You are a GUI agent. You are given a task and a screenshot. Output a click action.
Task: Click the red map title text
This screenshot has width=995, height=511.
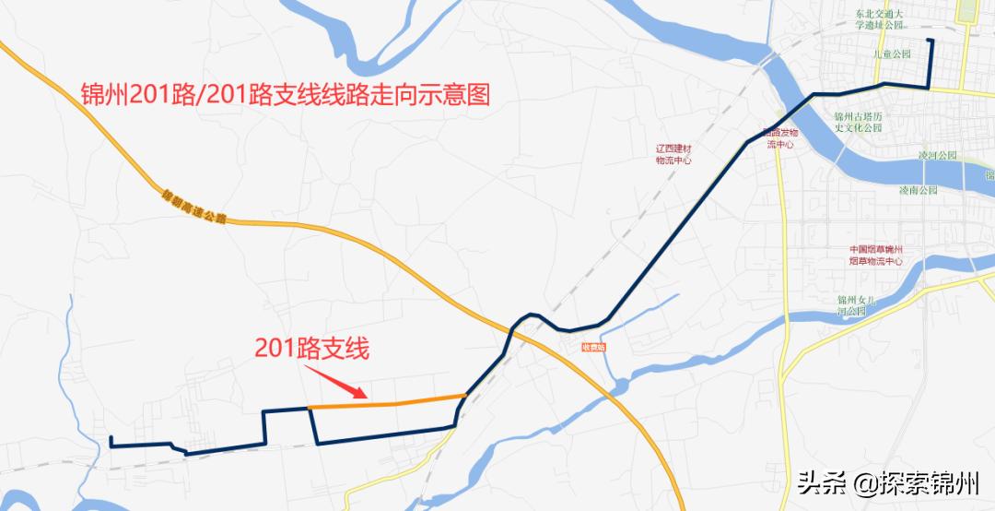(285, 95)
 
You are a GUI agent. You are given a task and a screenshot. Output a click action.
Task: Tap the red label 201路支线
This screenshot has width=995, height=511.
(311, 349)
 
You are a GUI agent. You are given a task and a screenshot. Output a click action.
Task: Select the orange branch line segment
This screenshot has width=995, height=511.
(387, 402)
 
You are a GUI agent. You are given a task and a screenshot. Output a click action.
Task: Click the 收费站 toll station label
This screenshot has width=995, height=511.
(593, 347)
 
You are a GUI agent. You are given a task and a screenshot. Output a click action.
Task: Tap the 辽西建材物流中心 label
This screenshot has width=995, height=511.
(673, 154)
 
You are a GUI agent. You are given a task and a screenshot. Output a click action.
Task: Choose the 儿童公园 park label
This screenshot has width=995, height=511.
(892, 54)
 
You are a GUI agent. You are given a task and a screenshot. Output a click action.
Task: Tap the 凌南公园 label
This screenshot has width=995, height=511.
(918, 190)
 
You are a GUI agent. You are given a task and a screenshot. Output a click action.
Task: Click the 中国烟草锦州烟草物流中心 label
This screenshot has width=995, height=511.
(875, 255)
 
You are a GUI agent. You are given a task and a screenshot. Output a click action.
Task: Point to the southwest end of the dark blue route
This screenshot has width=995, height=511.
(111, 438)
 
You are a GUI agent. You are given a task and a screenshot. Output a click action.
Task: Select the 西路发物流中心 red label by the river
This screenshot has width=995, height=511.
(780, 138)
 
